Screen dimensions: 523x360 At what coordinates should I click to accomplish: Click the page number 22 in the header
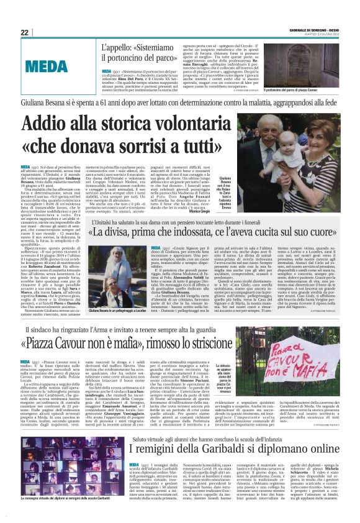24,32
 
